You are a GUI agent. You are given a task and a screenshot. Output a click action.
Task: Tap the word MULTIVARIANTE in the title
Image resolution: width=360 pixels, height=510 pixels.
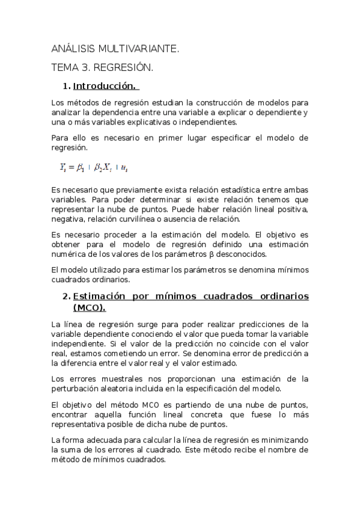pos(136,49)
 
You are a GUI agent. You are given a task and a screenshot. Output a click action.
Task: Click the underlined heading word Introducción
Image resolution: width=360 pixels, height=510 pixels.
pos(105,86)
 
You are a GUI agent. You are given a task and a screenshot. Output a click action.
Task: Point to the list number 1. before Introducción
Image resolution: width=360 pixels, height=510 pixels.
pos(67,86)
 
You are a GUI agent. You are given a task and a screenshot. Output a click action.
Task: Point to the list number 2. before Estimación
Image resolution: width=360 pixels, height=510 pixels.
pos(66,296)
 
